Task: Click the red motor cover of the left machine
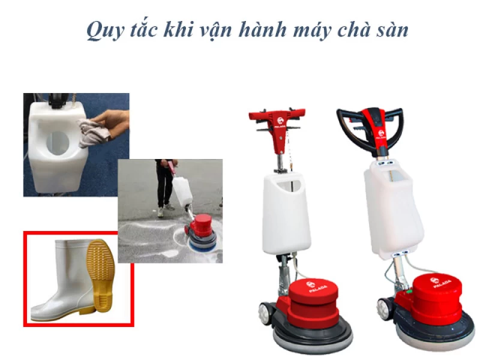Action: pos(311,300)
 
